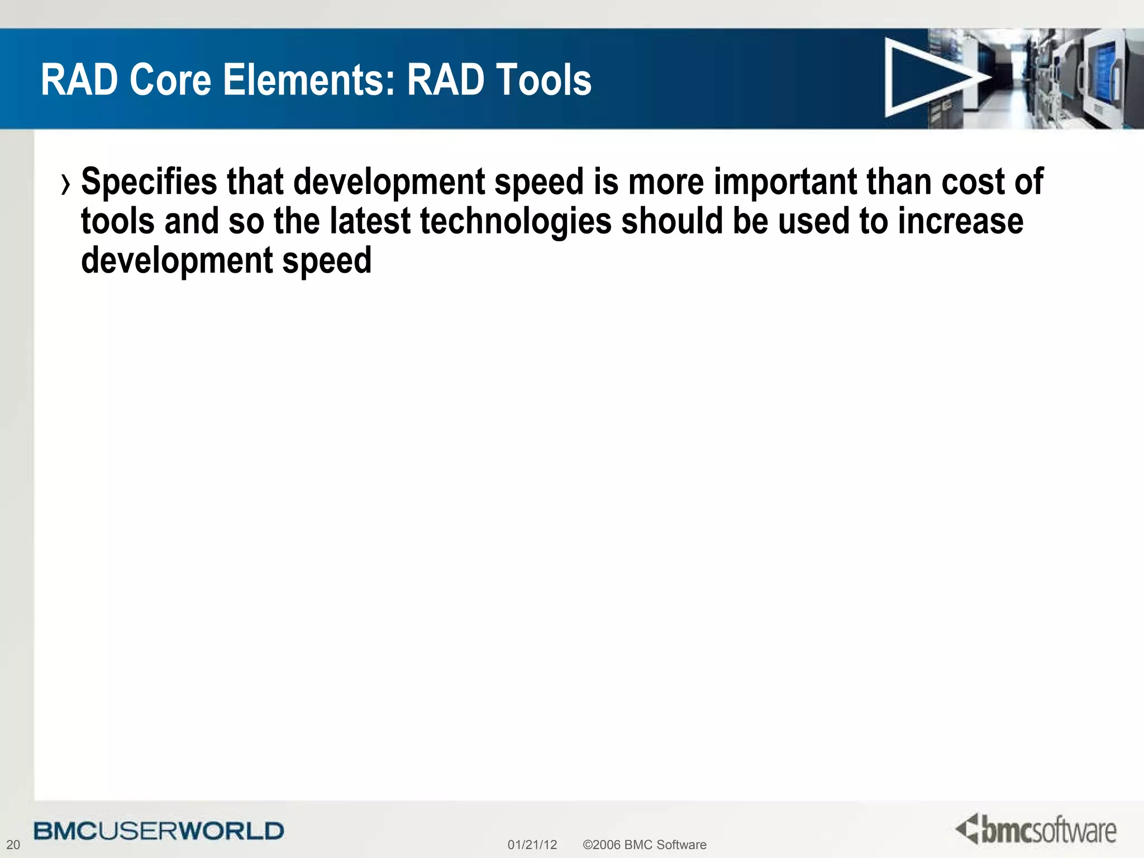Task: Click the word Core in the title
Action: click(x=170, y=80)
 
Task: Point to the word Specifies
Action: click(x=149, y=182)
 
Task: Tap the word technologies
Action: click(x=516, y=221)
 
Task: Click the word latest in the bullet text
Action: click(x=370, y=221)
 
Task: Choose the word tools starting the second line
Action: click(x=117, y=221)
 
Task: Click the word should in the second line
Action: click(x=672, y=221)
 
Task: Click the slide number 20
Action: click(x=13, y=845)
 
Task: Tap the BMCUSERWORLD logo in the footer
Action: click(x=159, y=831)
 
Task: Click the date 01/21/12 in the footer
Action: click(x=532, y=845)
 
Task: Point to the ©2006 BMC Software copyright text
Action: click(x=644, y=845)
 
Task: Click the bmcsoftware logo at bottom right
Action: click(x=1036, y=830)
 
